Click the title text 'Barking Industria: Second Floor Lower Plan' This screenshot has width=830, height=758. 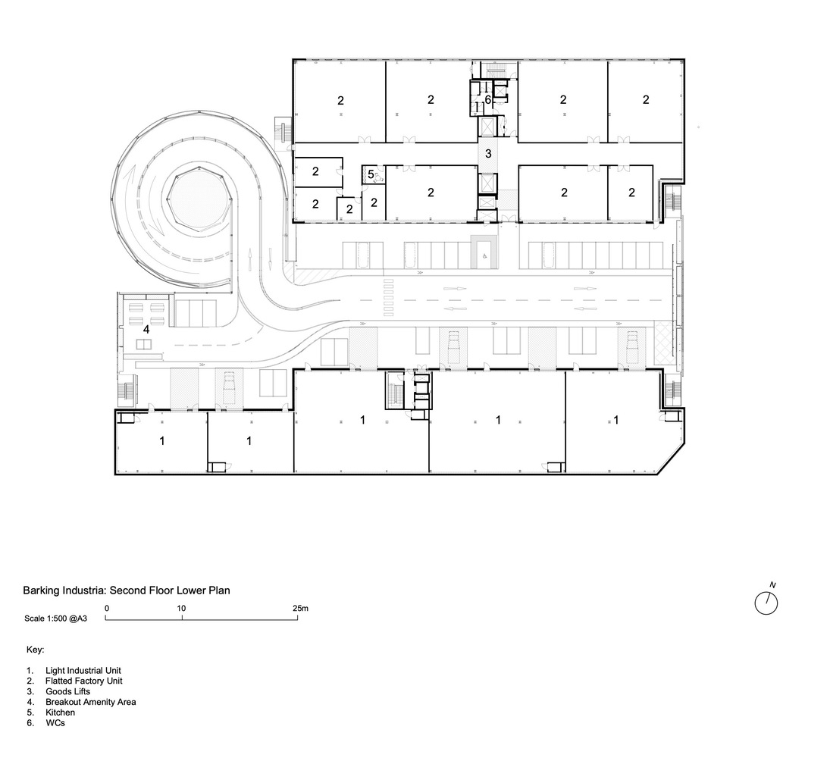click(126, 590)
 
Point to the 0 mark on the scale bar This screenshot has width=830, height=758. click(107, 609)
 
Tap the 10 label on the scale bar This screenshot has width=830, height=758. click(182, 609)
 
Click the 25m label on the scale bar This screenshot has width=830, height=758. click(300, 609)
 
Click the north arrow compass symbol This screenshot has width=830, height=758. click(766, 603)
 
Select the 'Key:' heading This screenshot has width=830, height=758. click(35, 650)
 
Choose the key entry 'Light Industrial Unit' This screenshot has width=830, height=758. click(83, 671)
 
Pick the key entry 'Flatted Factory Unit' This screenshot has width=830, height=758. click(83, 681)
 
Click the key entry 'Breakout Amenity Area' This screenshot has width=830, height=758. click(90, 703)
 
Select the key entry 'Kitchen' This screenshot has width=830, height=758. click(60, 713)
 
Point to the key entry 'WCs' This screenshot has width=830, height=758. click(55, 724)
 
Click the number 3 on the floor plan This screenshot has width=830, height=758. click(489, 154)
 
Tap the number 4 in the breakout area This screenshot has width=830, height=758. click(146, 329)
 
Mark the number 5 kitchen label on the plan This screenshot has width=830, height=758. click(371, 174)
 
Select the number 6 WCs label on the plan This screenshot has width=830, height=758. click(488, 100)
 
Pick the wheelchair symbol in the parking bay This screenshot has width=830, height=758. click(483, 255)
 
